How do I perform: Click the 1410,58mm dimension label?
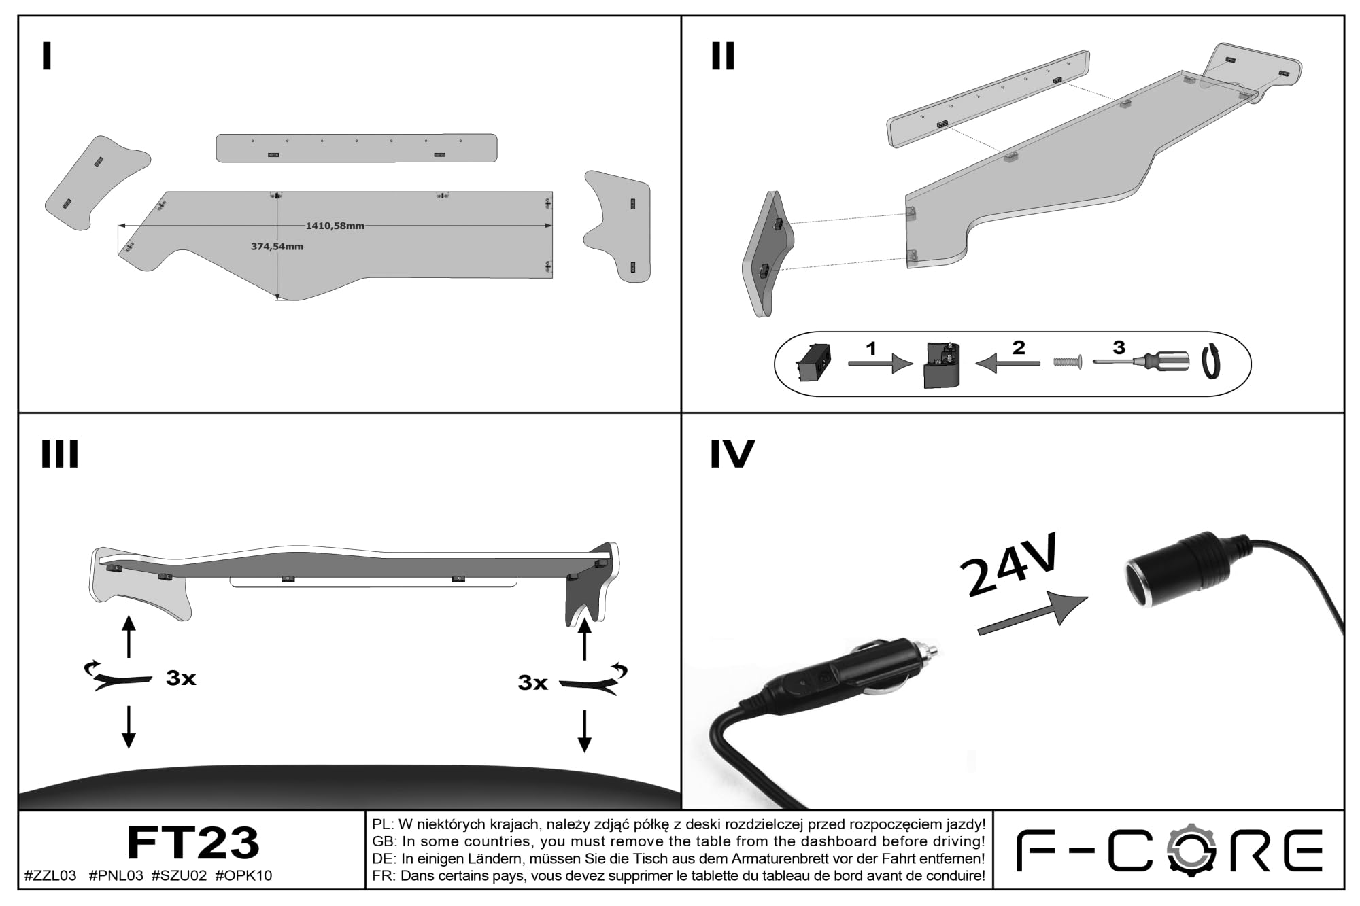click(335, 226)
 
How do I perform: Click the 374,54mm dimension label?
click(277, 247)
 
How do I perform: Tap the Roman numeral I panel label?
click(46, 56)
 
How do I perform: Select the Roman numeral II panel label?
click(723, 56)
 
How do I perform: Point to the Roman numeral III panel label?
click(60, 454)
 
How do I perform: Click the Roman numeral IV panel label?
click(732, 454)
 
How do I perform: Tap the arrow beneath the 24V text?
click(1032, 614)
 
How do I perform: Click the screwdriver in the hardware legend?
click(1142, 362)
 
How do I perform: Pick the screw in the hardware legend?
click(1067, 362)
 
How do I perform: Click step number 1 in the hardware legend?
click(871, 349)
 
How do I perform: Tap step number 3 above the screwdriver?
click(1119, 348)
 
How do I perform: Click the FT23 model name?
click(193, 843)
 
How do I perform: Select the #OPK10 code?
click(243, 876)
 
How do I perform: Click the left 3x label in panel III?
click(181, 678)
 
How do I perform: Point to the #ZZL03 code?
click(50, 876)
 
